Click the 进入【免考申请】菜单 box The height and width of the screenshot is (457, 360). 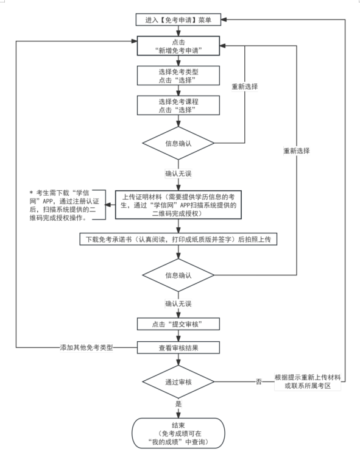click(178, 20)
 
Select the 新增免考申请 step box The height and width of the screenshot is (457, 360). click(178, 47)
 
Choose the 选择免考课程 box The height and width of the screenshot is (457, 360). click(178, 105)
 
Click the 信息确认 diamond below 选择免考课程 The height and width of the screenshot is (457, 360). click(178, 144)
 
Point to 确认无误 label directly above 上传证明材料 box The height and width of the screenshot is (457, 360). click(178, 174)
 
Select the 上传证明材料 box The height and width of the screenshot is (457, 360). click(178, 205)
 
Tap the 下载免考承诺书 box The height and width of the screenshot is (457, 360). click(178, 239)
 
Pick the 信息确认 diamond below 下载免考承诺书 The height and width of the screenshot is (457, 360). click(178, 275)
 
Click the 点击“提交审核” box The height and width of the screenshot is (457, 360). click(178, 324)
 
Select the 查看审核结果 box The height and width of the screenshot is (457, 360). click(178, 347)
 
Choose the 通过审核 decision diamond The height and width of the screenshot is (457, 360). click(178, 382)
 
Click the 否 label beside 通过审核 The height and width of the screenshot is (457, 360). click(258, 382)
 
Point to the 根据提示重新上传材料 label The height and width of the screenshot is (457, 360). click(306, 382)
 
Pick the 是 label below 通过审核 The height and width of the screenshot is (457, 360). click(178, 404)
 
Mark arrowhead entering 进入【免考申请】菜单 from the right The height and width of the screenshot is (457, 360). click(224, 19)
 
